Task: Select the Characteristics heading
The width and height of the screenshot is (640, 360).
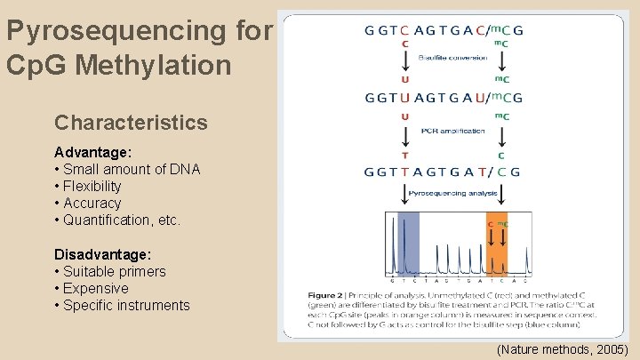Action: click(131, 123)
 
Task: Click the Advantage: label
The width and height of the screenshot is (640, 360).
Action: click(93, 152)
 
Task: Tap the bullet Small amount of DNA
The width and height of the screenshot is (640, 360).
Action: click(127, 169)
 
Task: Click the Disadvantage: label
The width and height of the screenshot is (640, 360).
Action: click(103, 254)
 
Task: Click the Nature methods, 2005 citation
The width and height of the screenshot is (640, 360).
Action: click(562, 349)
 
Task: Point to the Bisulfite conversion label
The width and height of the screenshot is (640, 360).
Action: click(453, 57)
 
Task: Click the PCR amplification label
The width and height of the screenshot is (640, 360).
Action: click(453, 132)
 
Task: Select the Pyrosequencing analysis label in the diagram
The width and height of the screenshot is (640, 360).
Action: click(453, 193)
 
